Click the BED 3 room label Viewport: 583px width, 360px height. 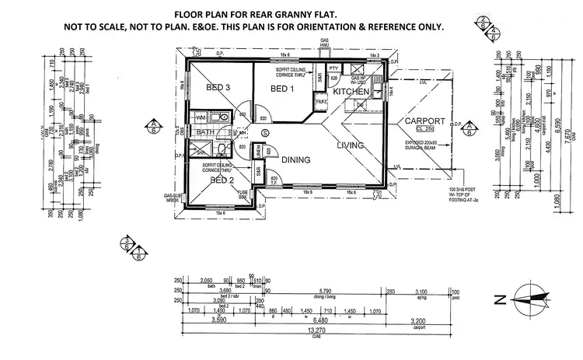(218, 88)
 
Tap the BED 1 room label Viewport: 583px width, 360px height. (282, 89)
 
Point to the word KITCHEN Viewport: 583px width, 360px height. (351, 92)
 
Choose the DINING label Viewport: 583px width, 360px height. (296, 160)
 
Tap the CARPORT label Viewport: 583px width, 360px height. (424, 121)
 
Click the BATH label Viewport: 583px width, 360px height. (205, 133)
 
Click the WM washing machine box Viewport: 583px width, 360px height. (202, 116)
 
